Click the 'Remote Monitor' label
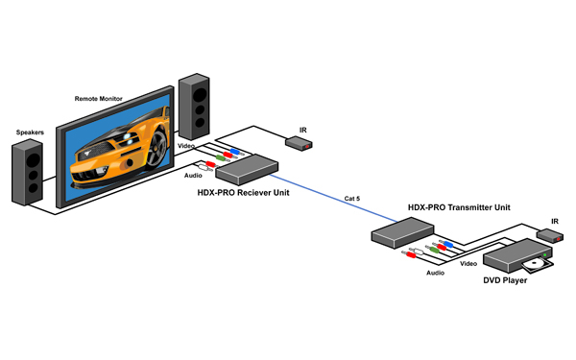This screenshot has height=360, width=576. click(x=99, y=99)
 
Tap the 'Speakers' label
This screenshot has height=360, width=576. click(x=30, y=132)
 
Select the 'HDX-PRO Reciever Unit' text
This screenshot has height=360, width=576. click(x=243, y=193)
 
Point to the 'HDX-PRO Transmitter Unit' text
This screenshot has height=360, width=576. click(x=459, y=207)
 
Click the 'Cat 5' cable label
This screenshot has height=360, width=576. click(x=352, y=199)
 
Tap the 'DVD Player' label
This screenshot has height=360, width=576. click(x=505, y=280)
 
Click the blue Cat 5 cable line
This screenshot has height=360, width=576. click(x=333, y=199)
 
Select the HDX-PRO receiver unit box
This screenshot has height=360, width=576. click(x=247, y=169)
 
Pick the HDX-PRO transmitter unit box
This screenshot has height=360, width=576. click(x=402, y=233)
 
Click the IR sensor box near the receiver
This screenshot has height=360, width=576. click(x=299, y=143)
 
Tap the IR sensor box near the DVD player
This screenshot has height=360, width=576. click(x=550, y=235)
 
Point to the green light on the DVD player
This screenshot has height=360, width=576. click(x=544, y=254)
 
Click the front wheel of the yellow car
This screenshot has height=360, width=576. click(x=157, y=149)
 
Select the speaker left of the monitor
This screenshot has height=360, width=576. click(x=27, y=172)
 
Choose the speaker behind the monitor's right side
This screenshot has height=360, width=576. click(x=194, y=107)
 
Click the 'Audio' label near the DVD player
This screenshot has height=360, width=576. click(x=435, y=273)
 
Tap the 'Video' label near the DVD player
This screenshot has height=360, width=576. click(x=468, y=263)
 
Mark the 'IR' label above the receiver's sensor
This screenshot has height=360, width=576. click(x=303, y=130)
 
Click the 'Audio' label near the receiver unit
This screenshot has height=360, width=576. click(x=193, y=176)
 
